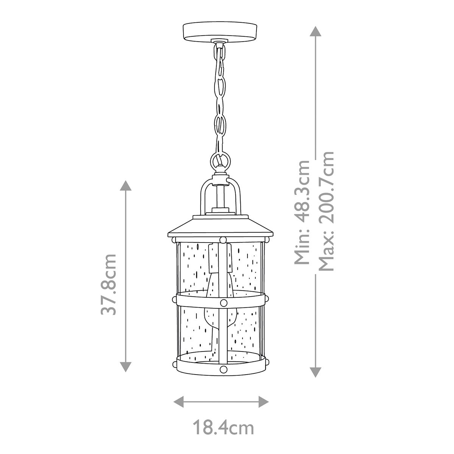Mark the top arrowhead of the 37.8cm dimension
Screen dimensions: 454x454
point(126,186)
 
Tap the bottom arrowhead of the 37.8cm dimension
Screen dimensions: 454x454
point(126,366)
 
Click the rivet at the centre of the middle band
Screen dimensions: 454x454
point(223,302)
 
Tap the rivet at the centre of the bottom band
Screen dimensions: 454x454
point(223,369)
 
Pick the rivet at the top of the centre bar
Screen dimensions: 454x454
point(223,239)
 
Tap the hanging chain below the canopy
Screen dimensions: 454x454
point(220,95)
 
